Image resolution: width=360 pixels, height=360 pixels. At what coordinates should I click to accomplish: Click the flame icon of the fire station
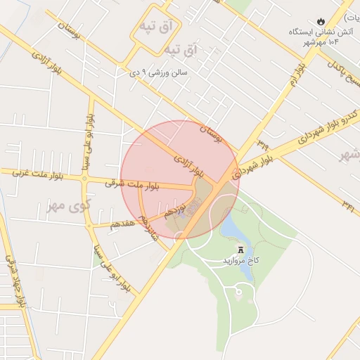pos(322,21)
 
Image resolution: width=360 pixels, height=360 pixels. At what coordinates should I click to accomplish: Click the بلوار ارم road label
pos(300,74)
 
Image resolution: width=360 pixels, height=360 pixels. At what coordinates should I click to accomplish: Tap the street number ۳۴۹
pos(263,144)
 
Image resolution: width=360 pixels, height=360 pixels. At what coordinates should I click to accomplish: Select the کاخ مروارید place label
pos(241,260)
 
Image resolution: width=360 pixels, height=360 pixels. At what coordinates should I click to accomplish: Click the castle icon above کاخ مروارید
pos(241,250)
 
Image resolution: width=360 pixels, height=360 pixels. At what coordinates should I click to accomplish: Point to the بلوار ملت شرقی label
pos(131,185)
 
